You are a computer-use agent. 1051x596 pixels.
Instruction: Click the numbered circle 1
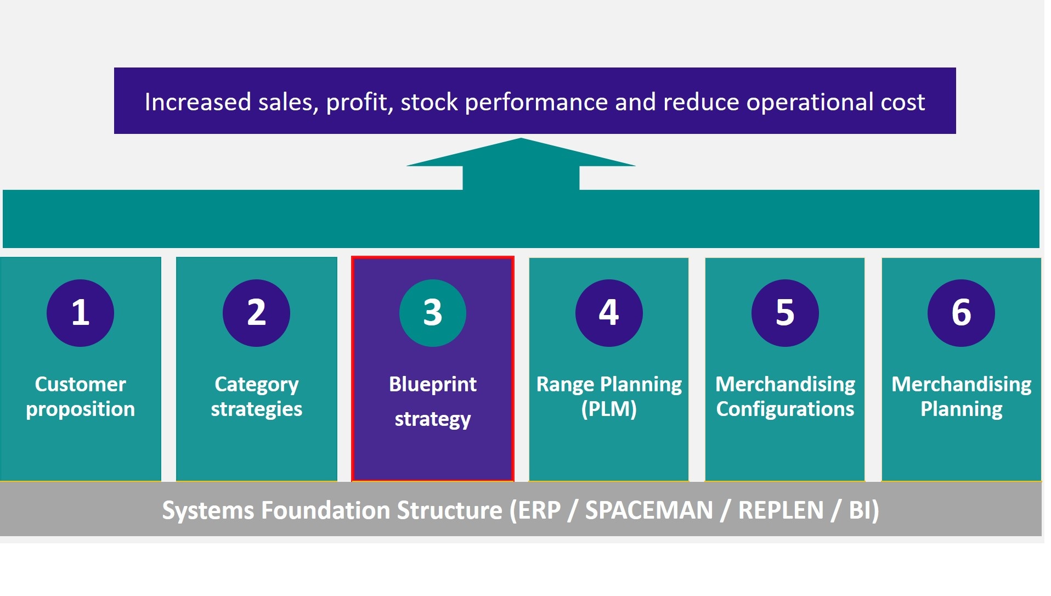[x=80, y=313]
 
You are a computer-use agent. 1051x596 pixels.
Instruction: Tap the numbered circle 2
[x=256, y=313]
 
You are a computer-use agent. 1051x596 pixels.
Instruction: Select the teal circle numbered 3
[x=432, y=313]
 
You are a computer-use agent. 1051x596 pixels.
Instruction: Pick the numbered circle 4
[x=609, y=313]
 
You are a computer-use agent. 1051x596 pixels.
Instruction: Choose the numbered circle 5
[x=785, y=313]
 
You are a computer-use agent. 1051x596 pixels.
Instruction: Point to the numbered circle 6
[x=961, y=313]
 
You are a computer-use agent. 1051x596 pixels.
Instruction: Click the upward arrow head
[x=521, y=154]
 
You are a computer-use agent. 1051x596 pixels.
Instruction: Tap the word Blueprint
[x=432, y=384]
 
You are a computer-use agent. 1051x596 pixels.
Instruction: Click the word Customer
[x=80, y=384]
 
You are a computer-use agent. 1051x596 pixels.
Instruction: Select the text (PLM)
[x=609, y=409]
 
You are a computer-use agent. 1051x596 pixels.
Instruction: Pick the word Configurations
[x=785, y=409]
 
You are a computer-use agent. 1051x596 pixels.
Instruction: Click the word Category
[x=256, y=384]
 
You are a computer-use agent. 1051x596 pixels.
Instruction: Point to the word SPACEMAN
[x=648, y=510]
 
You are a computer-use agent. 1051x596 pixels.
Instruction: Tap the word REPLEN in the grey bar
[x=781, y=510]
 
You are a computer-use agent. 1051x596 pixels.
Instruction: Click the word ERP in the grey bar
[x=539, y=510]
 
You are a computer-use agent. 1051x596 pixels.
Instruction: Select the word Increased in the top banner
[x=197, y=102]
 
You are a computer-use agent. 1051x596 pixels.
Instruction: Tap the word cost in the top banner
[x=902, y=102]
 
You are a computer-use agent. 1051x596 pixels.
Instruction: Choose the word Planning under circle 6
[x=961, y=409]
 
